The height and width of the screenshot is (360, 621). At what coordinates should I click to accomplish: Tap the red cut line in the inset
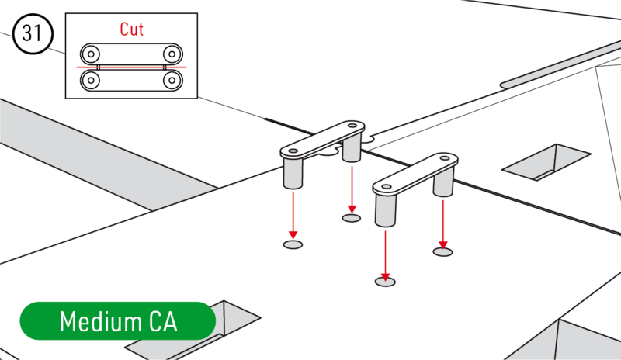132,67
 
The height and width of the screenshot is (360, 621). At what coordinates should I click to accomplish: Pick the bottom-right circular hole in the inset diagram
172,80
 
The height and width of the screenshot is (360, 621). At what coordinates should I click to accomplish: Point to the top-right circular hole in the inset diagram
172,54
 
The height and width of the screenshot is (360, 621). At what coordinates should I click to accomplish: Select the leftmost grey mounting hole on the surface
293,244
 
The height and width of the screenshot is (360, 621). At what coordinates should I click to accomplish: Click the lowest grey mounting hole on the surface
385,281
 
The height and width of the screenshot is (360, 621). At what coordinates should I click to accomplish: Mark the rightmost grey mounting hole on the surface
442,251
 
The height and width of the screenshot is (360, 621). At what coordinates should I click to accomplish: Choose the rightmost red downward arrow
442,222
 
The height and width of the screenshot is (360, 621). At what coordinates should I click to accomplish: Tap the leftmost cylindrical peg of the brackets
293,172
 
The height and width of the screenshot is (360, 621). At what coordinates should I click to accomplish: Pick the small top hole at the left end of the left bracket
293,150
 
